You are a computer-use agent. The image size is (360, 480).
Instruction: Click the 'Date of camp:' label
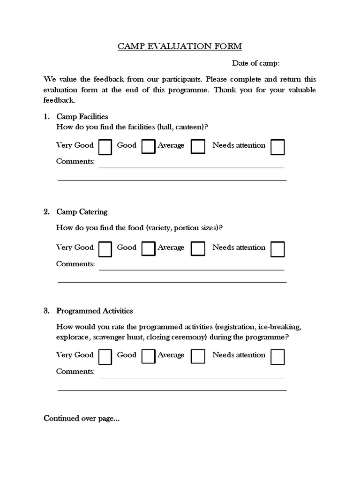click(x=255, y=63)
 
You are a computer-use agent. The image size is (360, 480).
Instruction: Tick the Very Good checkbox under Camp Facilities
click(x=105, y=147)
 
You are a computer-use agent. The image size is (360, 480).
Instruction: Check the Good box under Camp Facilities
click(x=148, y=147)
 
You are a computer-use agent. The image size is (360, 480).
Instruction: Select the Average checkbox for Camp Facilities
click(x=198, y=147)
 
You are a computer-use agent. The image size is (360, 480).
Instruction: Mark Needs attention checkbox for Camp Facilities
click(x=277, y=147)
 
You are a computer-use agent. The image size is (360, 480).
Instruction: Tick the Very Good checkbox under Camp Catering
click(x=105, y=249)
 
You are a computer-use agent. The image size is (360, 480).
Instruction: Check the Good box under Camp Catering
click(x=148, y=249)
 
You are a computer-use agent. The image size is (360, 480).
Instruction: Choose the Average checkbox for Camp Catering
click(x=198, y=249)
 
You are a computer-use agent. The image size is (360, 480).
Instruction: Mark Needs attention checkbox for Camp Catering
click(x=277, y=249)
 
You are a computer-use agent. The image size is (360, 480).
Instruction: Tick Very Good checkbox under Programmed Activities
click(x=105, y=357)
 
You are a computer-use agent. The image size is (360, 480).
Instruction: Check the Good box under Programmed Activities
click(x=148, y=357)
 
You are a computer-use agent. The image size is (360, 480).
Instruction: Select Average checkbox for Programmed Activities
click(x=198, y=357)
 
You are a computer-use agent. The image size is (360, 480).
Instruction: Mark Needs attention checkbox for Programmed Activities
click(x=277, y=357)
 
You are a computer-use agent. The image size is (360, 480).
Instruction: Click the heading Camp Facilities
click(x=82, y=116)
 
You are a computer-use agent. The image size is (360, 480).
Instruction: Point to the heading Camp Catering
click(x=82, y=212)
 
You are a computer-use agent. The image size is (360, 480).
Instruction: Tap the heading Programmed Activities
click(x=94, y=311)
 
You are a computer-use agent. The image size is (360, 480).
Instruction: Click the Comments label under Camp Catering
click(x=75, y=264)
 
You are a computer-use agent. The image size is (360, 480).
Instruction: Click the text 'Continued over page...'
click(x=81, y=419)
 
